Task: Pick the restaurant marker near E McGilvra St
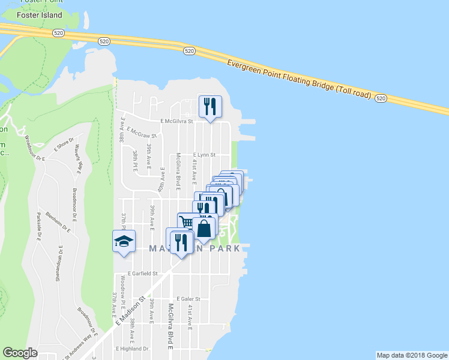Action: tap(210, 106)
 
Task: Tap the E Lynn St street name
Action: tap(203, 154)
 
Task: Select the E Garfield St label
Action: tap(137, 273)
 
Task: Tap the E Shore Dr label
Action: tap(62, 146)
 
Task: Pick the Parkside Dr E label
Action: tap(38, 226)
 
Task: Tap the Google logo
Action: tap(20, 353)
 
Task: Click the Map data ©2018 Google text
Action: tap(412, 355)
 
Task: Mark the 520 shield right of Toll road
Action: tap(380, 98)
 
